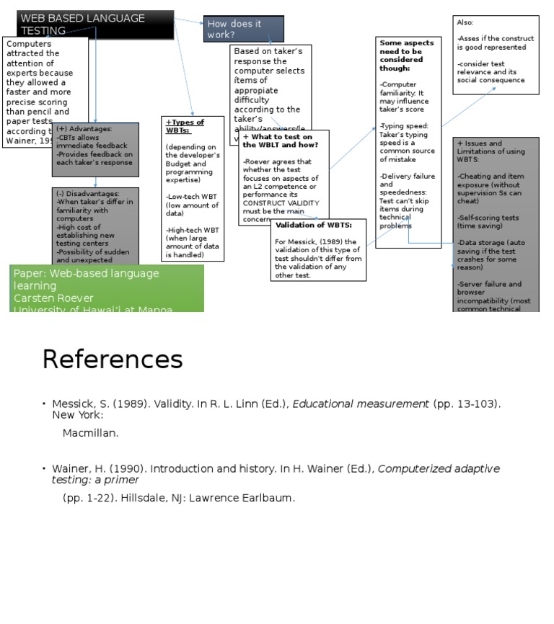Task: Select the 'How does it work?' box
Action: [x=243, y=29]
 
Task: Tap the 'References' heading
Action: [x=112, y=359]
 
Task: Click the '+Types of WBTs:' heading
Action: [x=185, y=126]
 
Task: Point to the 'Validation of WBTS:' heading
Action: [x=313, y=225]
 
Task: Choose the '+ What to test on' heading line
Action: [x=278, y=137]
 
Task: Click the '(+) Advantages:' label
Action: [x=84, y=129]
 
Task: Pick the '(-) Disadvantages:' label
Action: [x=89, y=194]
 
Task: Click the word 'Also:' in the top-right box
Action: [x=465, y=23]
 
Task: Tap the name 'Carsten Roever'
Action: [x=53, y=298]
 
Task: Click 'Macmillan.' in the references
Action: [x=90, y=433]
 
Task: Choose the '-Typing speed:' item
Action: [x=404, y=125]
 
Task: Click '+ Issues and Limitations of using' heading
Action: [x=491, y=147]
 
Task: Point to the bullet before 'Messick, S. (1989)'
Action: [x=44, y=404]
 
